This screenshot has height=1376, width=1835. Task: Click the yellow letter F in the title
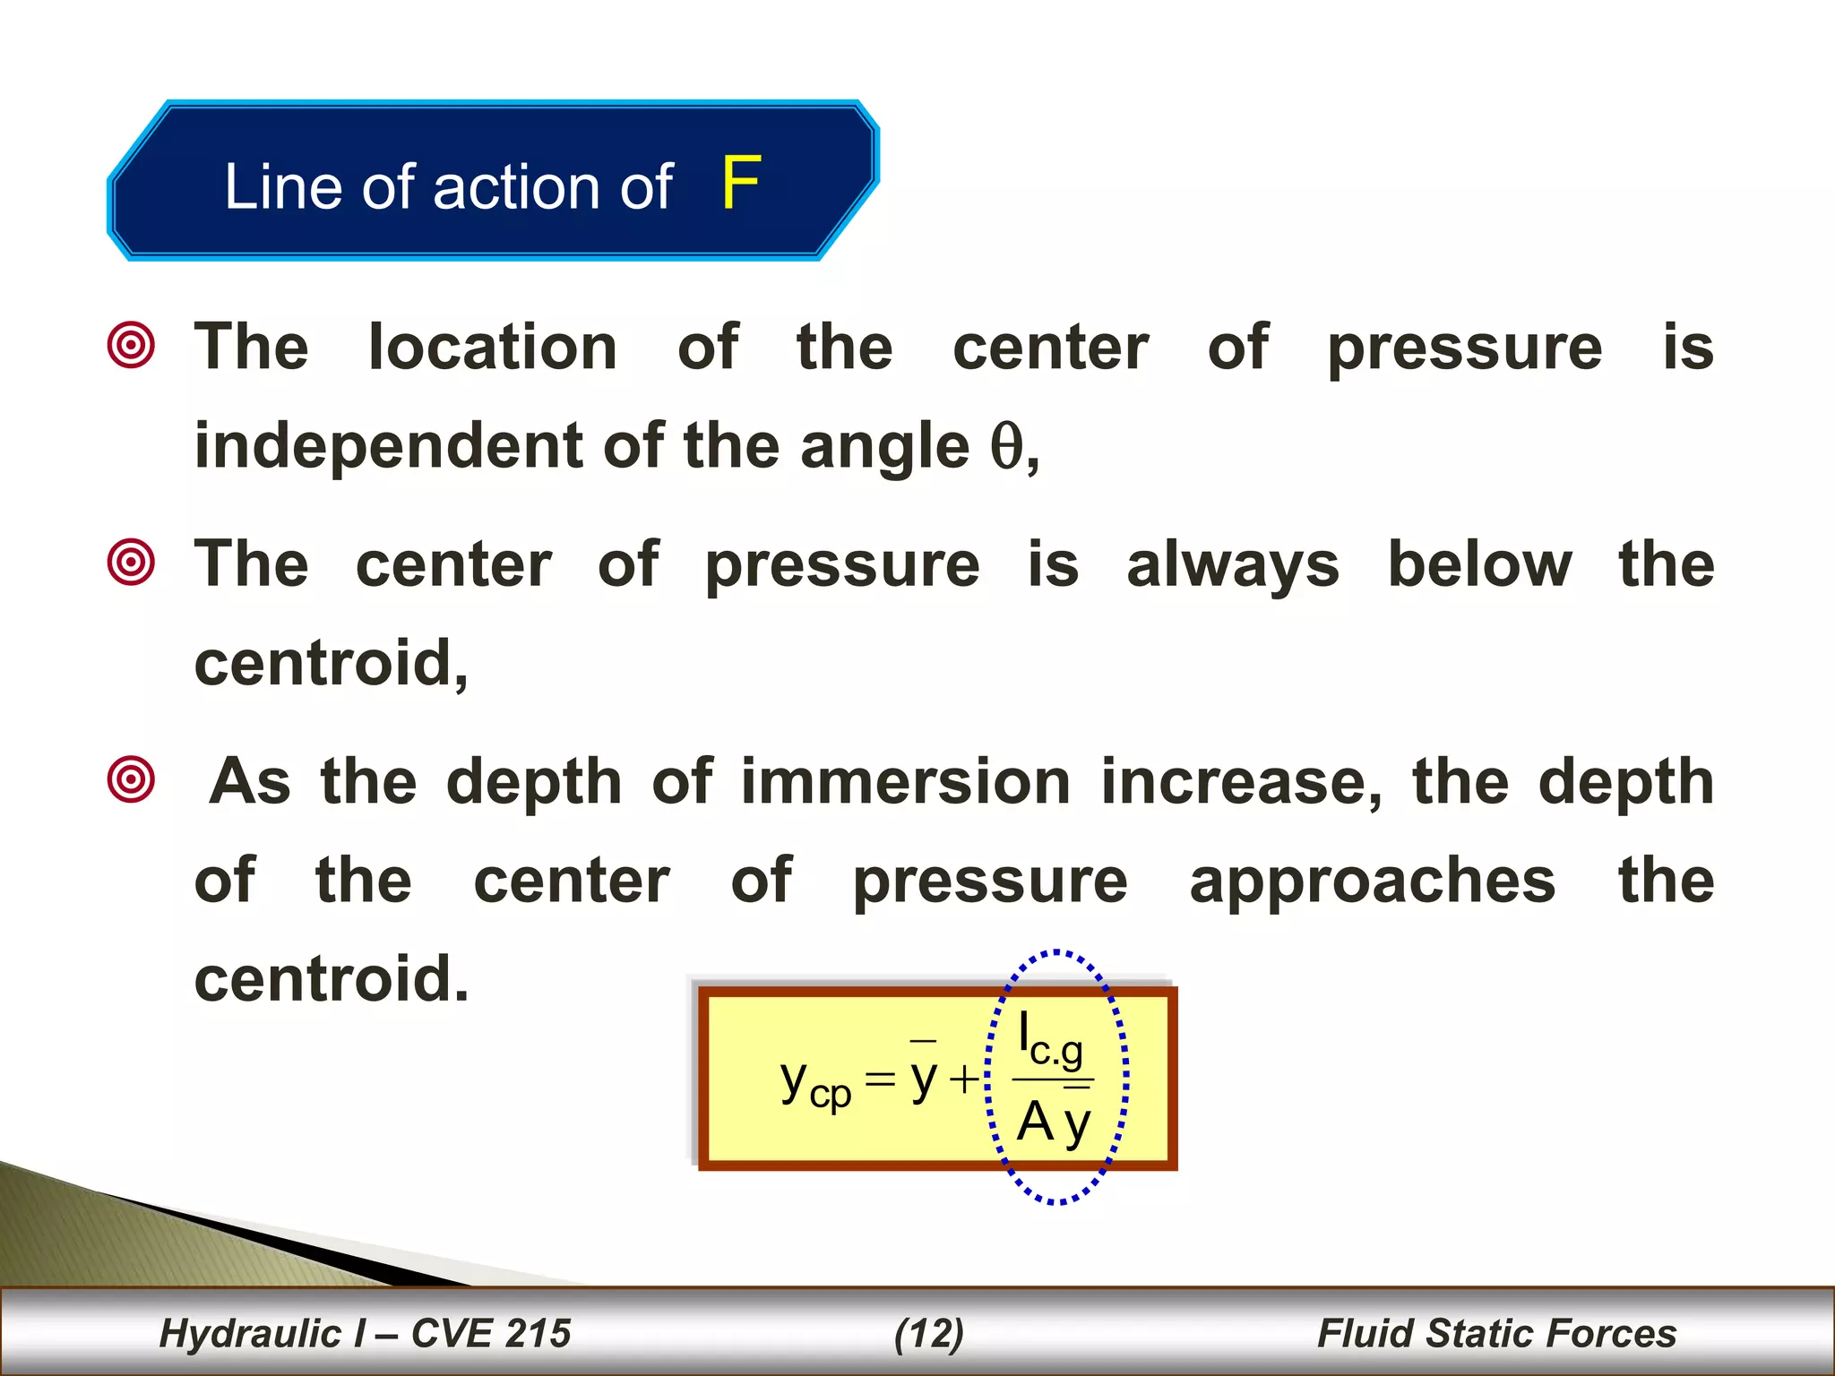tap(741, 184)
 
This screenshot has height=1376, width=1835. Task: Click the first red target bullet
tap(131, 345)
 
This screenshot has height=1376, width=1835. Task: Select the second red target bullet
tap(131, 563)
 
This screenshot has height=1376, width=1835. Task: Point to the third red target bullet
tap(131, 779)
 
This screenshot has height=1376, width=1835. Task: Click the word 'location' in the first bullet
tap(493, 347)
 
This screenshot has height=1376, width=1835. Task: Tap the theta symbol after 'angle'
tap(1006, 446)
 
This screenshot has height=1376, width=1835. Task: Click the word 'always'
tap(1232, 566)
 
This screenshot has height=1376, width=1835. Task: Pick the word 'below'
tap(1479, 564)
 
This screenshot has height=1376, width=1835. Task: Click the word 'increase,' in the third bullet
tap(1242, 783)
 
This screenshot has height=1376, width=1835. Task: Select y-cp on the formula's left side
tap(814, 1083)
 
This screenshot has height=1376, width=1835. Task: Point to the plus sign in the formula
tap(965, 1079)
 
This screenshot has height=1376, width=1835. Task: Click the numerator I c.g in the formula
tap(1050, 1040)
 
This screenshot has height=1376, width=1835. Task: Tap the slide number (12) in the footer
tap(929, 1333)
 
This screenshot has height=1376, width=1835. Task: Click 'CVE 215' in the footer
tap(491, 1333)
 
